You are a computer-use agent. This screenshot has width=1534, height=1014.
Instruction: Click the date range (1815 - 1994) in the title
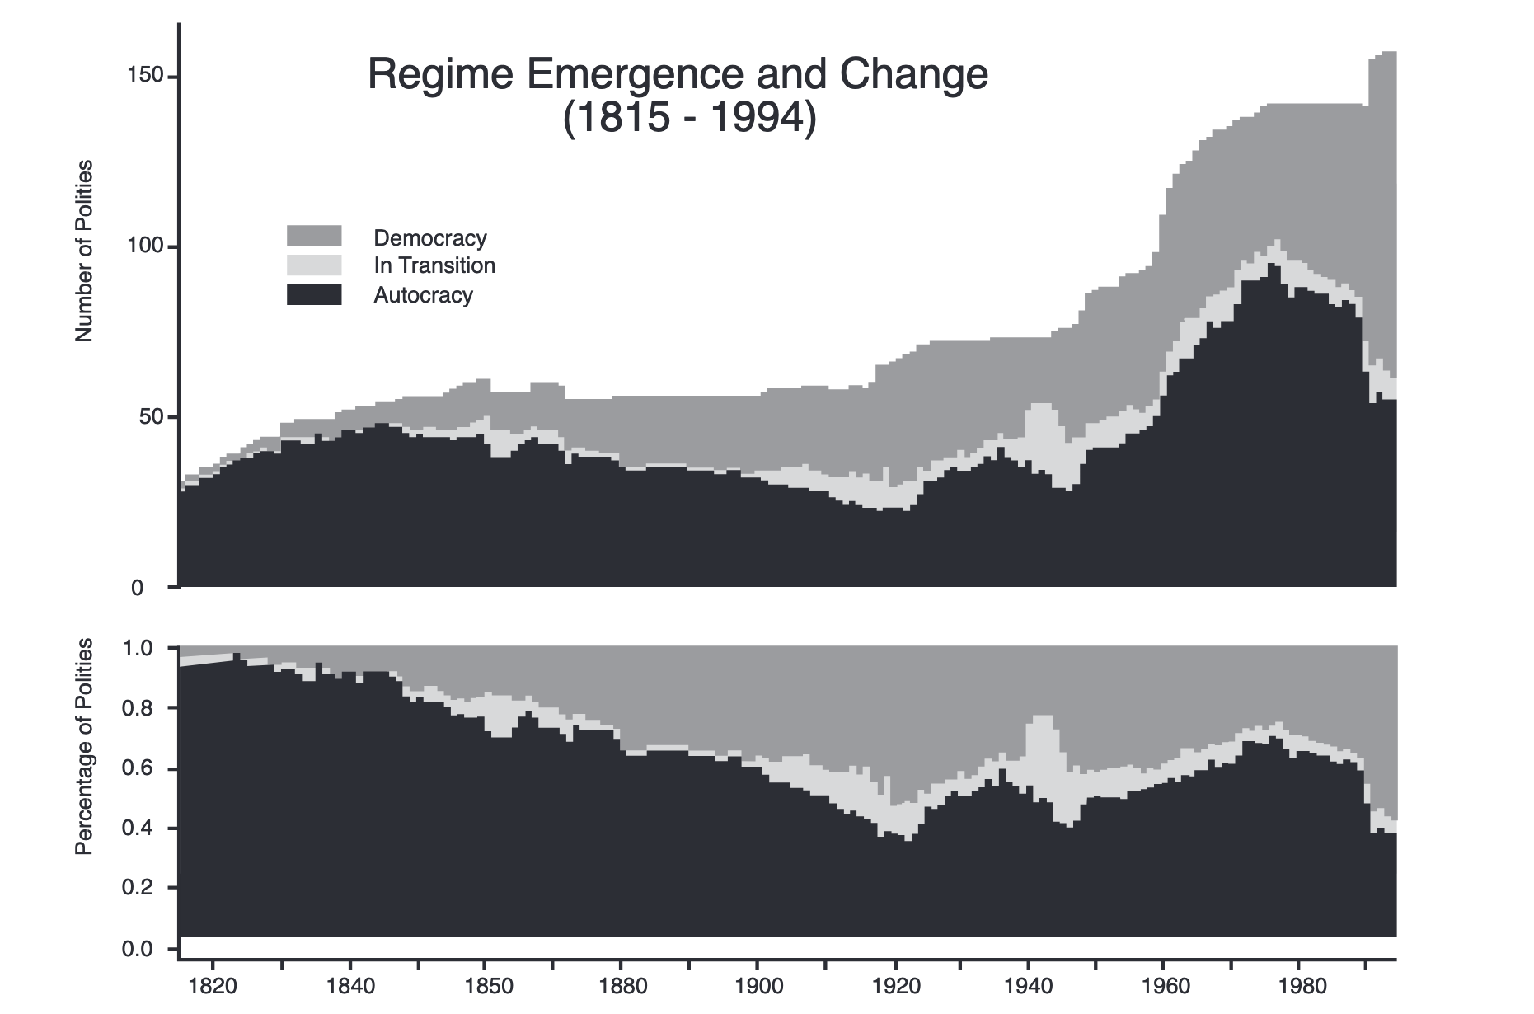pyautogui.click(x=689, y=117)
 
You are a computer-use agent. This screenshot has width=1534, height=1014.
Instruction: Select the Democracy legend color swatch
pyautogui.click(x=314, y=236)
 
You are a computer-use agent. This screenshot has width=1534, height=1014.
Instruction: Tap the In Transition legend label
pyautogui.click(x=434, y=265)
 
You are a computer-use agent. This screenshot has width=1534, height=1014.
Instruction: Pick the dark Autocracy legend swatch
pyautogui.click(x=314, y=294)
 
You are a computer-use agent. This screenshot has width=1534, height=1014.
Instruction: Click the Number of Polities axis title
pyautogui.click(x=84, y=251)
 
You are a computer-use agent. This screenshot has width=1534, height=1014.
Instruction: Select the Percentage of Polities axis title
pyautogui.click(x=84, y=746)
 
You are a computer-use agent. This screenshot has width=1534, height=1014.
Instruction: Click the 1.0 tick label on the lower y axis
pyautogui.click(x=137, y=648)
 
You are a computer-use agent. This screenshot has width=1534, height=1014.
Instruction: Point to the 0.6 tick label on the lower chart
pyautogui.click(x=137, y=768)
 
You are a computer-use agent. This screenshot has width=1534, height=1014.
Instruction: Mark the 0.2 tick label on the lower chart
pyautogui.click(x=137, y=888)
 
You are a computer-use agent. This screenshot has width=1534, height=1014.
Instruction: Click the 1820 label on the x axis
pyautogui.click(x=213, y=986)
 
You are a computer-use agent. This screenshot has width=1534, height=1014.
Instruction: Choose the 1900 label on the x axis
pyautogui.click(x=756, y=986)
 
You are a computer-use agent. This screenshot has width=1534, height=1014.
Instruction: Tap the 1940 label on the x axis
pyautogui.click(x=1027, y=986)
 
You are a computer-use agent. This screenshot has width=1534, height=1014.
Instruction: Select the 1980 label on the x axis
pyautogui.click(x=1298, y=986)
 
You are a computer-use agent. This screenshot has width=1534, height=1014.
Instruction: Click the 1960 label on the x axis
pyautogui.click(x=1163, y=986)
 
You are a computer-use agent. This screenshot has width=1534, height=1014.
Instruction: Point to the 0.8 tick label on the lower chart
pyautogui.click(x=137, y=708)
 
